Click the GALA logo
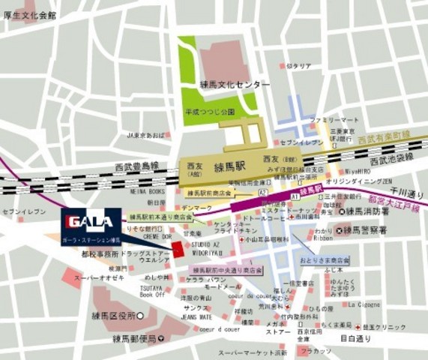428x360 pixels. (x=89, y=222)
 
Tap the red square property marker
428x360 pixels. (x=178, y=248)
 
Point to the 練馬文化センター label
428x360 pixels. (x=223, y=85)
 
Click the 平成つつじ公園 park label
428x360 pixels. (x=211, y=112)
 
